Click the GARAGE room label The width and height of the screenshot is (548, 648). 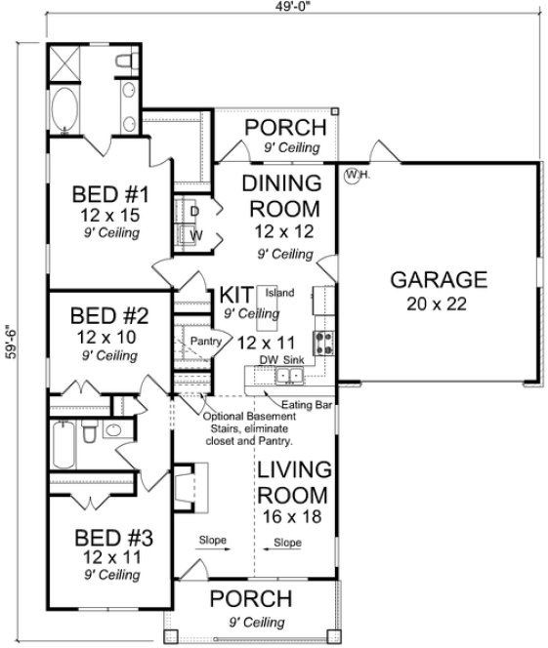[x=439, y=280]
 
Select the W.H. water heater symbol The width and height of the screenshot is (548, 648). [x=354, y=176]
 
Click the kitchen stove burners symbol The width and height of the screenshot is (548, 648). [x=321, y=342]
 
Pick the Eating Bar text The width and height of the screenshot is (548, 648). [x=301, y=404]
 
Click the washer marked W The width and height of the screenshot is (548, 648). [x=194, y=235]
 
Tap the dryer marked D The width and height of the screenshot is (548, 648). [x=194, y=211]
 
